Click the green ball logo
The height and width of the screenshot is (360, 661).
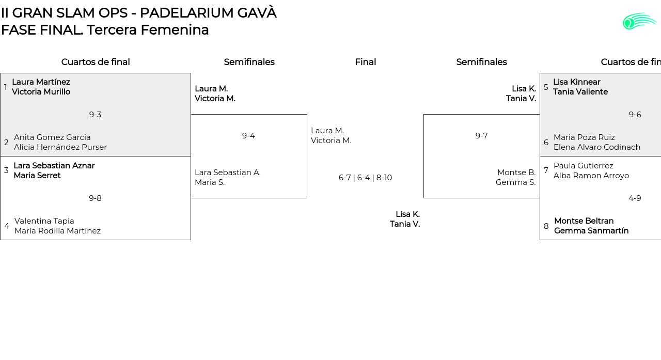639,21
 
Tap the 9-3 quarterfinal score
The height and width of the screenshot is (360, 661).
95,115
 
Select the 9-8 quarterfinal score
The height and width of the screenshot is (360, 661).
95,198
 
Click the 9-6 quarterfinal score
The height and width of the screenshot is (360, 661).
635,115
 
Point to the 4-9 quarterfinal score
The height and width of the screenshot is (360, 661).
635,198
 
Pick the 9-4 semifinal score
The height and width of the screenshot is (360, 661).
248,136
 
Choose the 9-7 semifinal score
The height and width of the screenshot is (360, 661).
481,136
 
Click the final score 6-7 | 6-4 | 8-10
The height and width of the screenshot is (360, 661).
365,178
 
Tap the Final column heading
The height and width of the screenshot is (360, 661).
365,62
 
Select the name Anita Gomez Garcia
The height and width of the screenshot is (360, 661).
52,137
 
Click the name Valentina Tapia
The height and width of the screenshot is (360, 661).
44,221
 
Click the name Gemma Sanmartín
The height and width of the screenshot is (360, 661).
591,231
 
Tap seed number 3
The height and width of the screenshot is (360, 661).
6,170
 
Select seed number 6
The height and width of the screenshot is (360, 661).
546,143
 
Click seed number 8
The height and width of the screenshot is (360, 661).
546,226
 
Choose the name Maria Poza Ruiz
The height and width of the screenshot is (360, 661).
584,137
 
